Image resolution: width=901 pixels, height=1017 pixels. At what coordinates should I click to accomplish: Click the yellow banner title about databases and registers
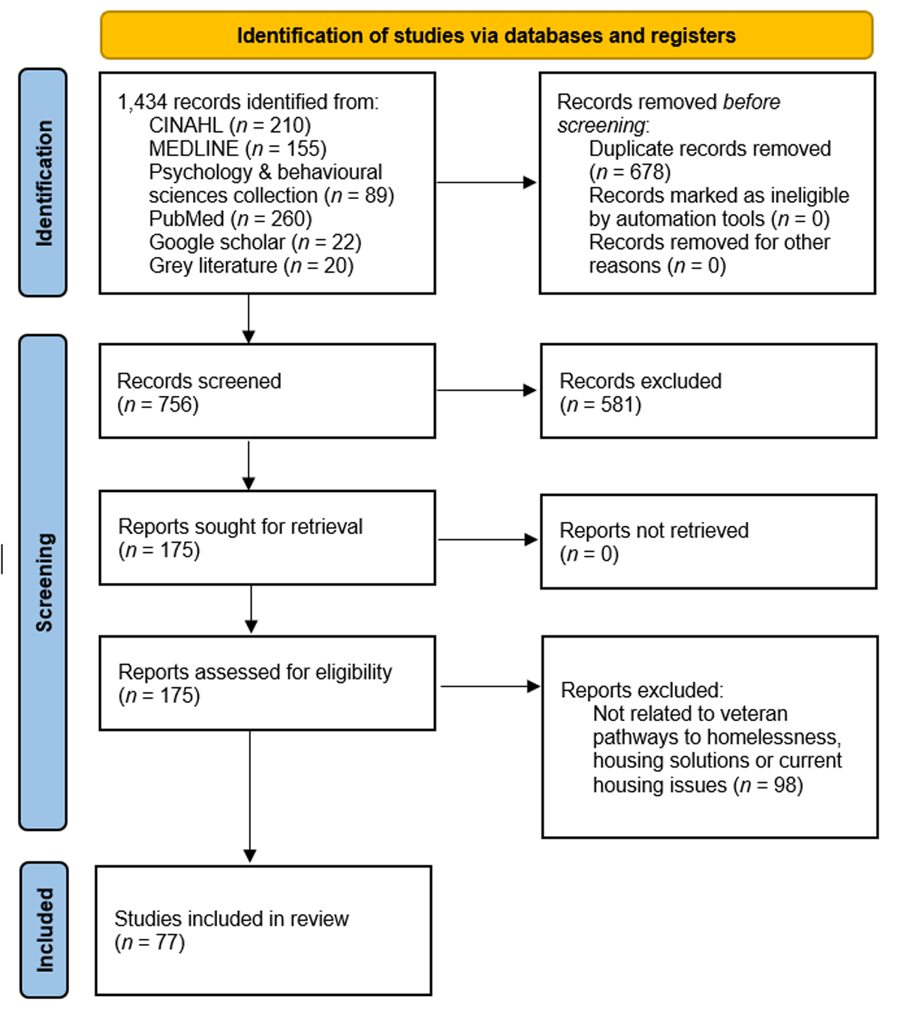(x=486, y=35)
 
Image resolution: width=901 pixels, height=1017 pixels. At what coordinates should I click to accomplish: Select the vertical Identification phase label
(x=44, y=183)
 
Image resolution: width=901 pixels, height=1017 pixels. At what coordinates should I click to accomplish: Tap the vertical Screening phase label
(x=44, y=582)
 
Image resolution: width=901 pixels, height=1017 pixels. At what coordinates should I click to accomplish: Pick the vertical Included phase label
(x=44, y=930)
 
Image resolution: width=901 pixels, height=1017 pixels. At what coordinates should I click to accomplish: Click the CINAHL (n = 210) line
(x=230, y=125)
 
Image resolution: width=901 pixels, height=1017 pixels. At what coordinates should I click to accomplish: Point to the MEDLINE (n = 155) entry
(x=237, y=149)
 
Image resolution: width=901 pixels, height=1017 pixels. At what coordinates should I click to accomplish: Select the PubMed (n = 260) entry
(x=231, y=219)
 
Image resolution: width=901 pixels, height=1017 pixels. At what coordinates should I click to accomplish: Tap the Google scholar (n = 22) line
(x=255, y=243)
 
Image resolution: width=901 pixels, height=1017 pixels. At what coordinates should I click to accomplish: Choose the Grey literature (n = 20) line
(x=251, y=266)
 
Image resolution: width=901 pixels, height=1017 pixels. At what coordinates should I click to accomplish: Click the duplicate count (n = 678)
(x=629, y=172)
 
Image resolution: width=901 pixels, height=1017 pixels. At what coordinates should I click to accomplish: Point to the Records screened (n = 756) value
(x=158, y=405)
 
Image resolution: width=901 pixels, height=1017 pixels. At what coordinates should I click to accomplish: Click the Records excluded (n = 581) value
(x=601, y=405)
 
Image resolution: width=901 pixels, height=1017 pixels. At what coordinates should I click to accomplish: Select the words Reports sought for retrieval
(x=240, y=527)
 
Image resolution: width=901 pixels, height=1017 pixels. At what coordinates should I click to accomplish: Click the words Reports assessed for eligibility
(x=255, y=672)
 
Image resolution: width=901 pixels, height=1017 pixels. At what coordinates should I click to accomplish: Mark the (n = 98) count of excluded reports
(x=768, y=785)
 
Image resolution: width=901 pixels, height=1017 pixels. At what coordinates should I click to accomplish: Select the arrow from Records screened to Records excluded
(x=487, y=390)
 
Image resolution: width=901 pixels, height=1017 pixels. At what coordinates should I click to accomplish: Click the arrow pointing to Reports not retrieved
(x=488, y=539)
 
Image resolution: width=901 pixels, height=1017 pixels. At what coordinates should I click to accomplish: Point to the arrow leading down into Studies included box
(x=250, y=796)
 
